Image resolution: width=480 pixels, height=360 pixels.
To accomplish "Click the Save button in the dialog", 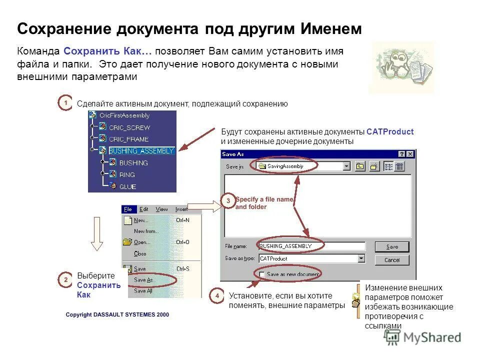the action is (392, 246).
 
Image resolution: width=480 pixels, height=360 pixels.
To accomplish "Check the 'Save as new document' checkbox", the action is (261, 274).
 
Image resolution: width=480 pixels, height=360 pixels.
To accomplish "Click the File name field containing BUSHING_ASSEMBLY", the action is (311, 246).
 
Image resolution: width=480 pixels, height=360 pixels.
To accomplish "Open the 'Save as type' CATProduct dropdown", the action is (361, 258).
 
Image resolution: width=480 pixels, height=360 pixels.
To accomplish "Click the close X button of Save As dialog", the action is (410, 154).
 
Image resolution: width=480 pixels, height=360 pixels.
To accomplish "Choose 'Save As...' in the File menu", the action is (143, 280).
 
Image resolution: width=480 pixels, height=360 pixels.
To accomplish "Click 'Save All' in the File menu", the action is (143, 291).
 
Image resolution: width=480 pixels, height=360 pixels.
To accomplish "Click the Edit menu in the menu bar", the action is (144, 209).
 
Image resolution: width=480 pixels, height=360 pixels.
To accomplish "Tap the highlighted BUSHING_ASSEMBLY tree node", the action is (141, 150).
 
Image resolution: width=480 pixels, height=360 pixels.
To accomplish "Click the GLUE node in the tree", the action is (127, 186).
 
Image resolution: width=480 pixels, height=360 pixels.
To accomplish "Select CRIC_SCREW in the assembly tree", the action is (129, 127).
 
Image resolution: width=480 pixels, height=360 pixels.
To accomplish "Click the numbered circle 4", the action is (217, 296).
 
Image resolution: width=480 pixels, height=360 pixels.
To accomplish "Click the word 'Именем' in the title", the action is (331, 29).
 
